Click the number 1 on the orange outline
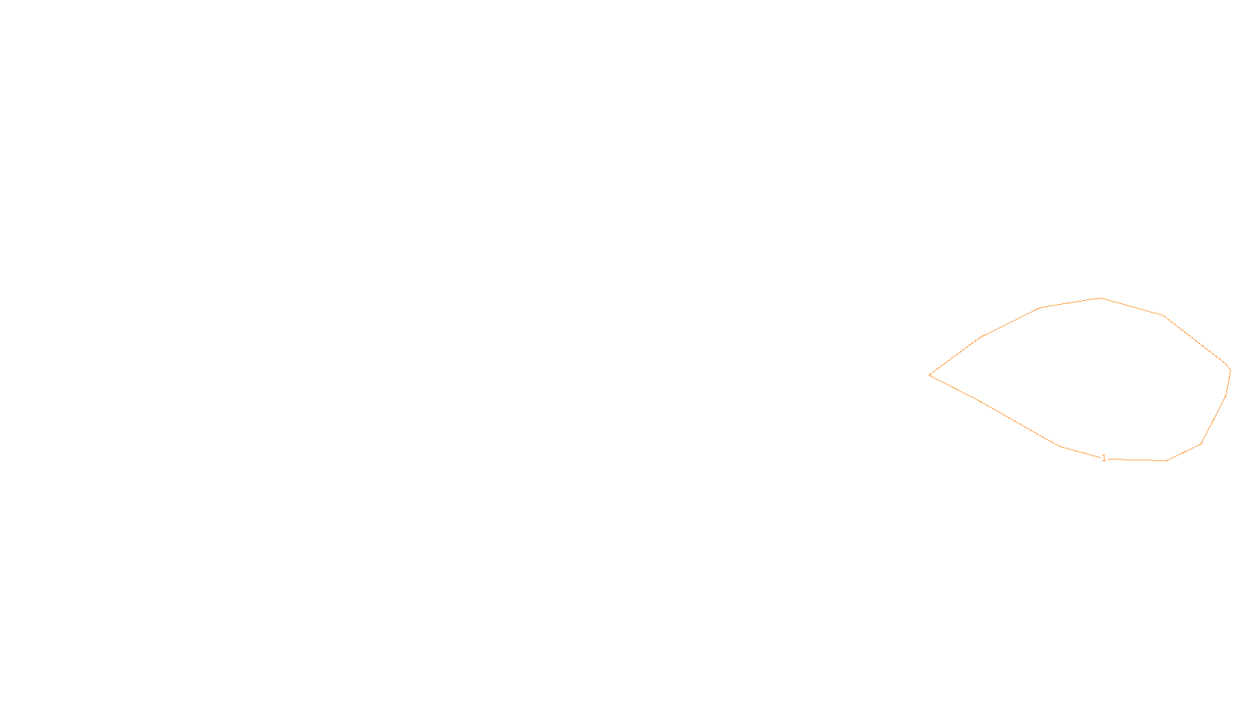pyautogui.click(x=1104, y=458)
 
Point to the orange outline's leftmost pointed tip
pyautogui.click(x=930, y=375)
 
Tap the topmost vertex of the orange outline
pyautogui.click(x=1101, y=298)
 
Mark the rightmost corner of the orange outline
pyautogui.click(x=1230, y=370)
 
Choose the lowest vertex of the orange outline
pyautogui.click(x=1166, y=461)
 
